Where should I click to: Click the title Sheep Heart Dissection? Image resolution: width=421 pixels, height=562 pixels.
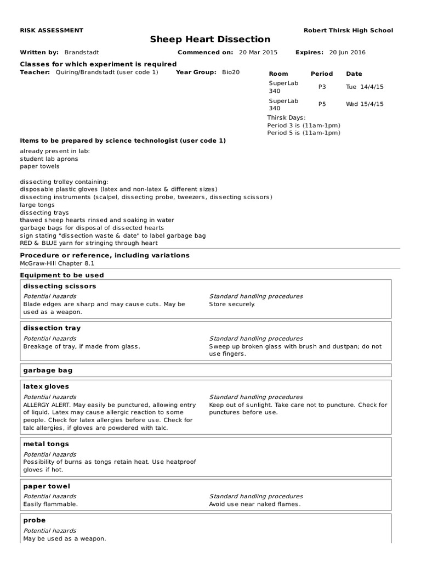tap(210, 40)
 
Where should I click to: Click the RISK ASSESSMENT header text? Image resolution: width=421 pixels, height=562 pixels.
tap(52, 30)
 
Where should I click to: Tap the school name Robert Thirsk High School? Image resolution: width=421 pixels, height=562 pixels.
tap(348, 30)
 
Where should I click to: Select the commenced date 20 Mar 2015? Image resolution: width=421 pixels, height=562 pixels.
tap(258, 53)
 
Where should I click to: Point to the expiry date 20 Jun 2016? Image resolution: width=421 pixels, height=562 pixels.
tap(347, 53)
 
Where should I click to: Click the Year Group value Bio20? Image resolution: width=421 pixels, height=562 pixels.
tap(231, 72)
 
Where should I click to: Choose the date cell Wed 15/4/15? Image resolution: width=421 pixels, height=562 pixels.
tap(365, 104)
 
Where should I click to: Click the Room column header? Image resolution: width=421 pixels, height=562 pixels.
tap(278, 74)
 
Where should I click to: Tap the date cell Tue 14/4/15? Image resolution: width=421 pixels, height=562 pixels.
tap(365, 87)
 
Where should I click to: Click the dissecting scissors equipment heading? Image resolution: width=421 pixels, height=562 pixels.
tap(60, 286)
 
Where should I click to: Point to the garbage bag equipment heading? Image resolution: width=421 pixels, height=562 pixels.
tap(48, 370)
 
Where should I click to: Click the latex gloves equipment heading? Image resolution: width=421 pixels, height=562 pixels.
tap(46, 386)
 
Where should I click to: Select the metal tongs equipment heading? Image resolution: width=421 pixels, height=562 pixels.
tap(46, 444)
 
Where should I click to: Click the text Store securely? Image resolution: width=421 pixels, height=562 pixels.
tap(232, 304)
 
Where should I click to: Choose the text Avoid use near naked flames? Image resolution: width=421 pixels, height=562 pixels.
tap(255, 504)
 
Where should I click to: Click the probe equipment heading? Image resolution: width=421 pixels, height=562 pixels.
tap(35, 520)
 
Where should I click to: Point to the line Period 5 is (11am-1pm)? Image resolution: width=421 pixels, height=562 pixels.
tap(304, 133)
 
